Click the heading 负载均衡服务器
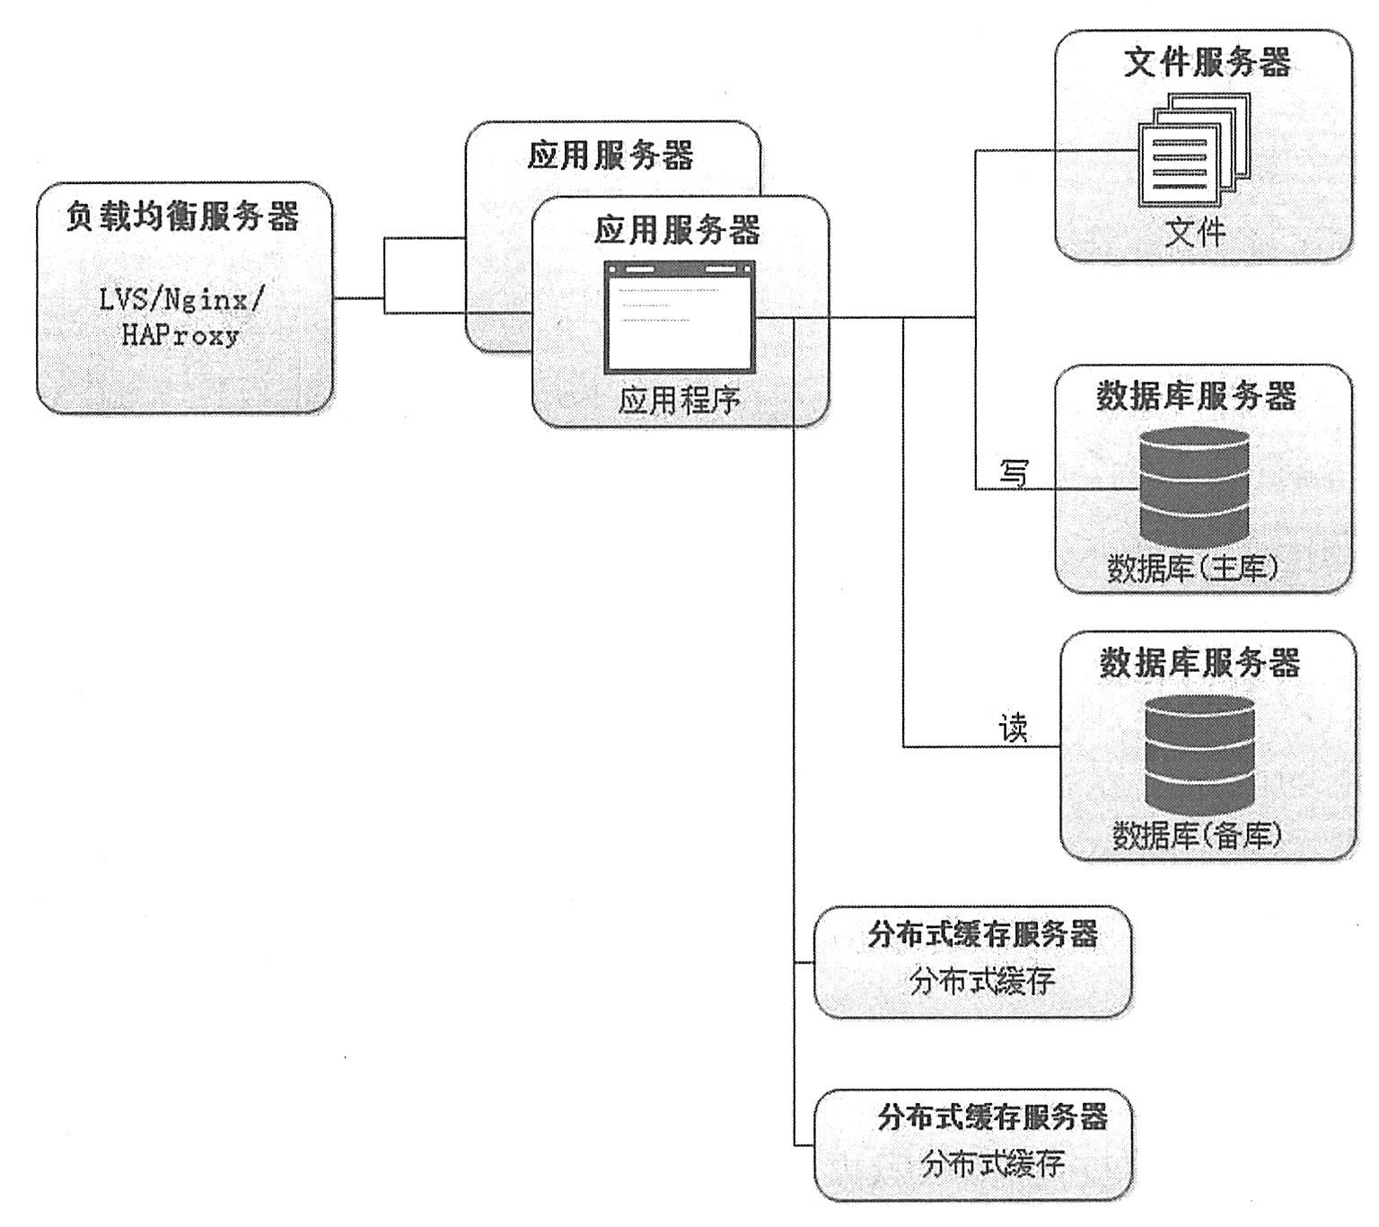[x=182, y=216]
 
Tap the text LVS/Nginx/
[x=182, y=299]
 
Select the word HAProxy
[x=181, y=336]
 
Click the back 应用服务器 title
[x=610, y=155]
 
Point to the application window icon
[x=679, y=317]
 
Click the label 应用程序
[x=679, y=399]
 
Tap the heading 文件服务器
[x=1207, y=62]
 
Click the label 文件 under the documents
[x=1195, y=232]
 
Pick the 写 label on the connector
[x=1014, y=472]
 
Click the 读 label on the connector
[x=1014, y=728]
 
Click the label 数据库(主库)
[x=1193, y=568]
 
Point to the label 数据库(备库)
[x=1198, y=835]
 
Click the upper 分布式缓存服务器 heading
[x=983, y=934]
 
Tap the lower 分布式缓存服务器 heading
[x=992, y=1117]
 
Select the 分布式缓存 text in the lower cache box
[x=992, y=1165]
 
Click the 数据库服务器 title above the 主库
[x=1196, y=395]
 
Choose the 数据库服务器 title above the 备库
[x=1200, y=662]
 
